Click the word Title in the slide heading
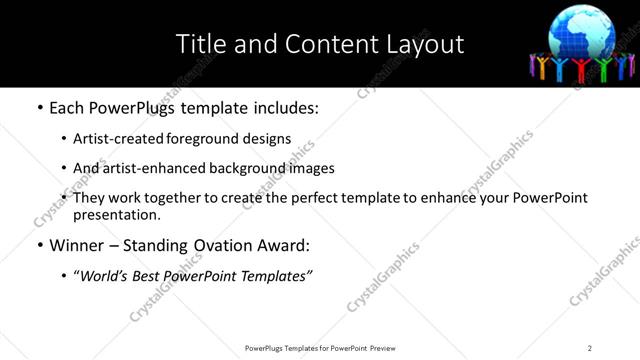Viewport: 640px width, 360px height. coord(200,44)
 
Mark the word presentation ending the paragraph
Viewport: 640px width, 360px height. coord(115,214)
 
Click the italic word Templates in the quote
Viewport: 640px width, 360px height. coord(277,275)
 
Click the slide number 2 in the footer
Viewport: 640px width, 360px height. coord(589,348)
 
